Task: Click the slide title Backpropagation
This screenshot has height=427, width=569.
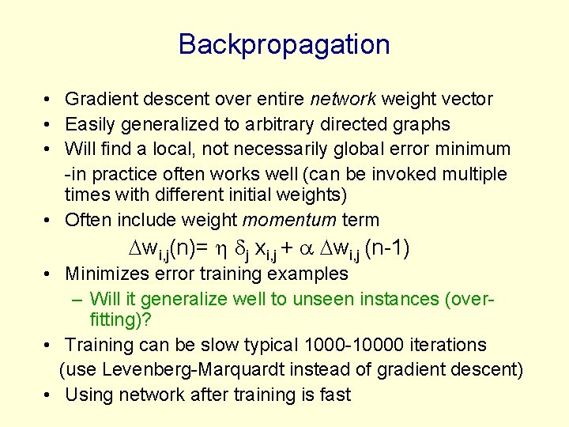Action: (284, 44)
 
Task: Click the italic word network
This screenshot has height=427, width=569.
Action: (344, 100)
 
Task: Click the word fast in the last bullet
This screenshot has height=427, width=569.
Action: (334, 395)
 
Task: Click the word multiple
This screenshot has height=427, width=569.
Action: (479, 173)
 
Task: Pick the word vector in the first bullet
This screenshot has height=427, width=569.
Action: (467, 100)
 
